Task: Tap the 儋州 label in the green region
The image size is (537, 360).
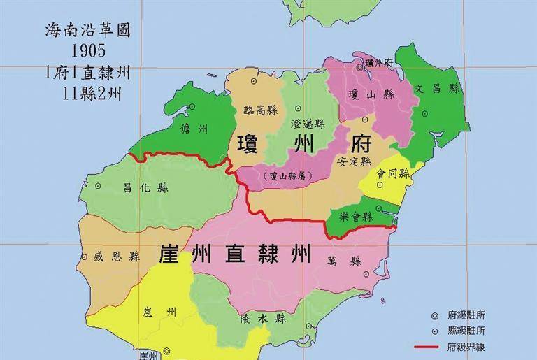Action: (194, 129)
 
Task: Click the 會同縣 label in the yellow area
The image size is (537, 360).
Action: (392, 173)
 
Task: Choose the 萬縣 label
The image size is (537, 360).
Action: (343, 261)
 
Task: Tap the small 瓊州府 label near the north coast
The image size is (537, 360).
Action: (380, 64)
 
